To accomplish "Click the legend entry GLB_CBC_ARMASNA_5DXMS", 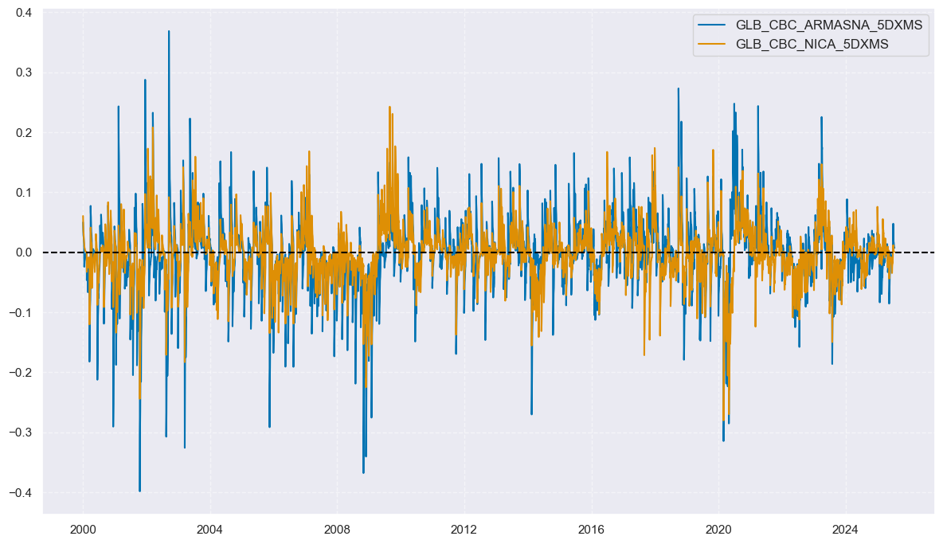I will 828,25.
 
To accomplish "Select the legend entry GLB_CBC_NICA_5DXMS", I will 812,45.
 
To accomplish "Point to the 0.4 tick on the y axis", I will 22,13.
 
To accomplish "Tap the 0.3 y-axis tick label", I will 22,72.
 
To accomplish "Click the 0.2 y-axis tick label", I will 22,132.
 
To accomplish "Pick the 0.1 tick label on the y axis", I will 22,193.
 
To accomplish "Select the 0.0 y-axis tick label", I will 22,252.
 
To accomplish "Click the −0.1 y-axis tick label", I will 19,312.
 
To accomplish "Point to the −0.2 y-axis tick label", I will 19,373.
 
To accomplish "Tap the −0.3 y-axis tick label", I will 19,432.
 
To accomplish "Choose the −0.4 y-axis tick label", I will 19,492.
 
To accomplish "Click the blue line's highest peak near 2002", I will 169,31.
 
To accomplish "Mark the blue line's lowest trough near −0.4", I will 139,491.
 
